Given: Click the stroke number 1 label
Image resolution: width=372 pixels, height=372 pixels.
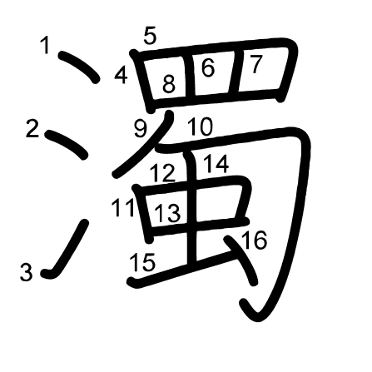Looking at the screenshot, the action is [46, 46].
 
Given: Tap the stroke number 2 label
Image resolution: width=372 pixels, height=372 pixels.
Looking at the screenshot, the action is [32, 128].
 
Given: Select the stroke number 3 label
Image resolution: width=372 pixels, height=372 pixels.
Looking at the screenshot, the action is [27, 272].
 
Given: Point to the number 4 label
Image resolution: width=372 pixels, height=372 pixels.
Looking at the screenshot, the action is [122, 76].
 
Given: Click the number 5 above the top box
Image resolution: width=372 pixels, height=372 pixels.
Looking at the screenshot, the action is [150, 36].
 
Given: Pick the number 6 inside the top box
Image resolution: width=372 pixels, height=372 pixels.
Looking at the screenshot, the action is [208, 67].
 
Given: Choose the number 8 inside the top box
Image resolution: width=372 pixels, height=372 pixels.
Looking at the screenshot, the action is [169, 84].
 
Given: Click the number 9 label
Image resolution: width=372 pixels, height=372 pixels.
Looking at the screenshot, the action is [141, 129].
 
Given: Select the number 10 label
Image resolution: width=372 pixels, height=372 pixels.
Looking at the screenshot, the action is [201, 126].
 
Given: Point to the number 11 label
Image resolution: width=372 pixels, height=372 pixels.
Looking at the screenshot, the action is [123, 208].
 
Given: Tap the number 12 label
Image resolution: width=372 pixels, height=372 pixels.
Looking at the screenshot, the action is [163, 173].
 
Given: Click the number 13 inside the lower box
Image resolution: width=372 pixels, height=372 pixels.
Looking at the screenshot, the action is [167, 213].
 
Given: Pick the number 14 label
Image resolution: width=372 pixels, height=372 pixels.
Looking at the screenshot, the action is [216, 164].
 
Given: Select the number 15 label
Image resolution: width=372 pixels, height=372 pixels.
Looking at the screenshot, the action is [142, 262].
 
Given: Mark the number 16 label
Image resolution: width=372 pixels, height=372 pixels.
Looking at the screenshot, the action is [255, 241].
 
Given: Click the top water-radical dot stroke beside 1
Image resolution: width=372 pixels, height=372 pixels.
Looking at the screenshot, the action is [79, 67].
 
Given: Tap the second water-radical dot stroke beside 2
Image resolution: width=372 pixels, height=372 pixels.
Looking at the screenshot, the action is [67, 144].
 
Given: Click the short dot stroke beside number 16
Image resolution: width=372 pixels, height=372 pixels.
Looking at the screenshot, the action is [242, 260].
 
